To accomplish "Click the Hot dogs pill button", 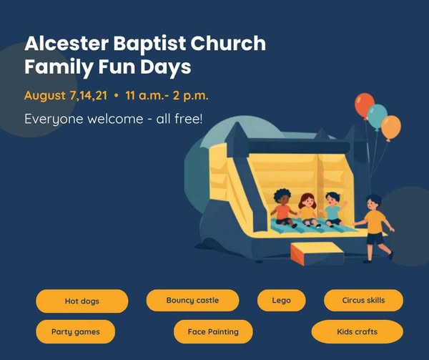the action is tap(82, 301).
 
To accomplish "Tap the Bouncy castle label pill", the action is tap(192, 301).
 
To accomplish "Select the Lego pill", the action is tap(281, 301).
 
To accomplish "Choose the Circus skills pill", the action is tap(363, 301).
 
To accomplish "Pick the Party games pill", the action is tap(76, 331).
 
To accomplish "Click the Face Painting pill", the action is tap(213, 331).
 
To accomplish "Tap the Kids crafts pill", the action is tap(357, 331).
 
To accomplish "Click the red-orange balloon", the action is tap(364, 105).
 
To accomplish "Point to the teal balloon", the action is tap(378, 116).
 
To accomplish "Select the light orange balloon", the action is tap(391, 127).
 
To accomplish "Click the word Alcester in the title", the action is tap(66, 43).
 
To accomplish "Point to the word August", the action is tap(45, 96).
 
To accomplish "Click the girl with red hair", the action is tap(307, 210).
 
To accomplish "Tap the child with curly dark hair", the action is tap(283, 208).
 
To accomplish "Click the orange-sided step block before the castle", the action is tap(317, 254).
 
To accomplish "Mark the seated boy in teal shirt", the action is tap(333, 209).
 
